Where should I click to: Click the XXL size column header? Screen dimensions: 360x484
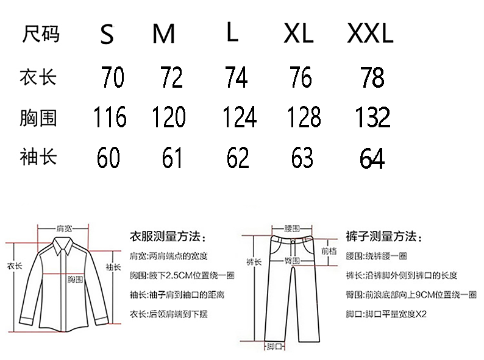370,34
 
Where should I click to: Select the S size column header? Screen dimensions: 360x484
107,35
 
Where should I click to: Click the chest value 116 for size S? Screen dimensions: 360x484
110,117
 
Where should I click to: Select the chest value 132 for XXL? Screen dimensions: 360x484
372,117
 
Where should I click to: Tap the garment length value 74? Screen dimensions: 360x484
235,78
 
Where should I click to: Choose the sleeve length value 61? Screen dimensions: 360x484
173,158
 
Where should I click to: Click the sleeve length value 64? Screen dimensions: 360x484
372,159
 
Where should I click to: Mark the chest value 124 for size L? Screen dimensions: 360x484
239,117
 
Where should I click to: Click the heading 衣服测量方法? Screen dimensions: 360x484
168,236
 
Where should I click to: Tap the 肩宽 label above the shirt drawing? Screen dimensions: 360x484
64,228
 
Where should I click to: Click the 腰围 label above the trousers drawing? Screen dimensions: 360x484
292,228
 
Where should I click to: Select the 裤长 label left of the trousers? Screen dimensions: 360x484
254,263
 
